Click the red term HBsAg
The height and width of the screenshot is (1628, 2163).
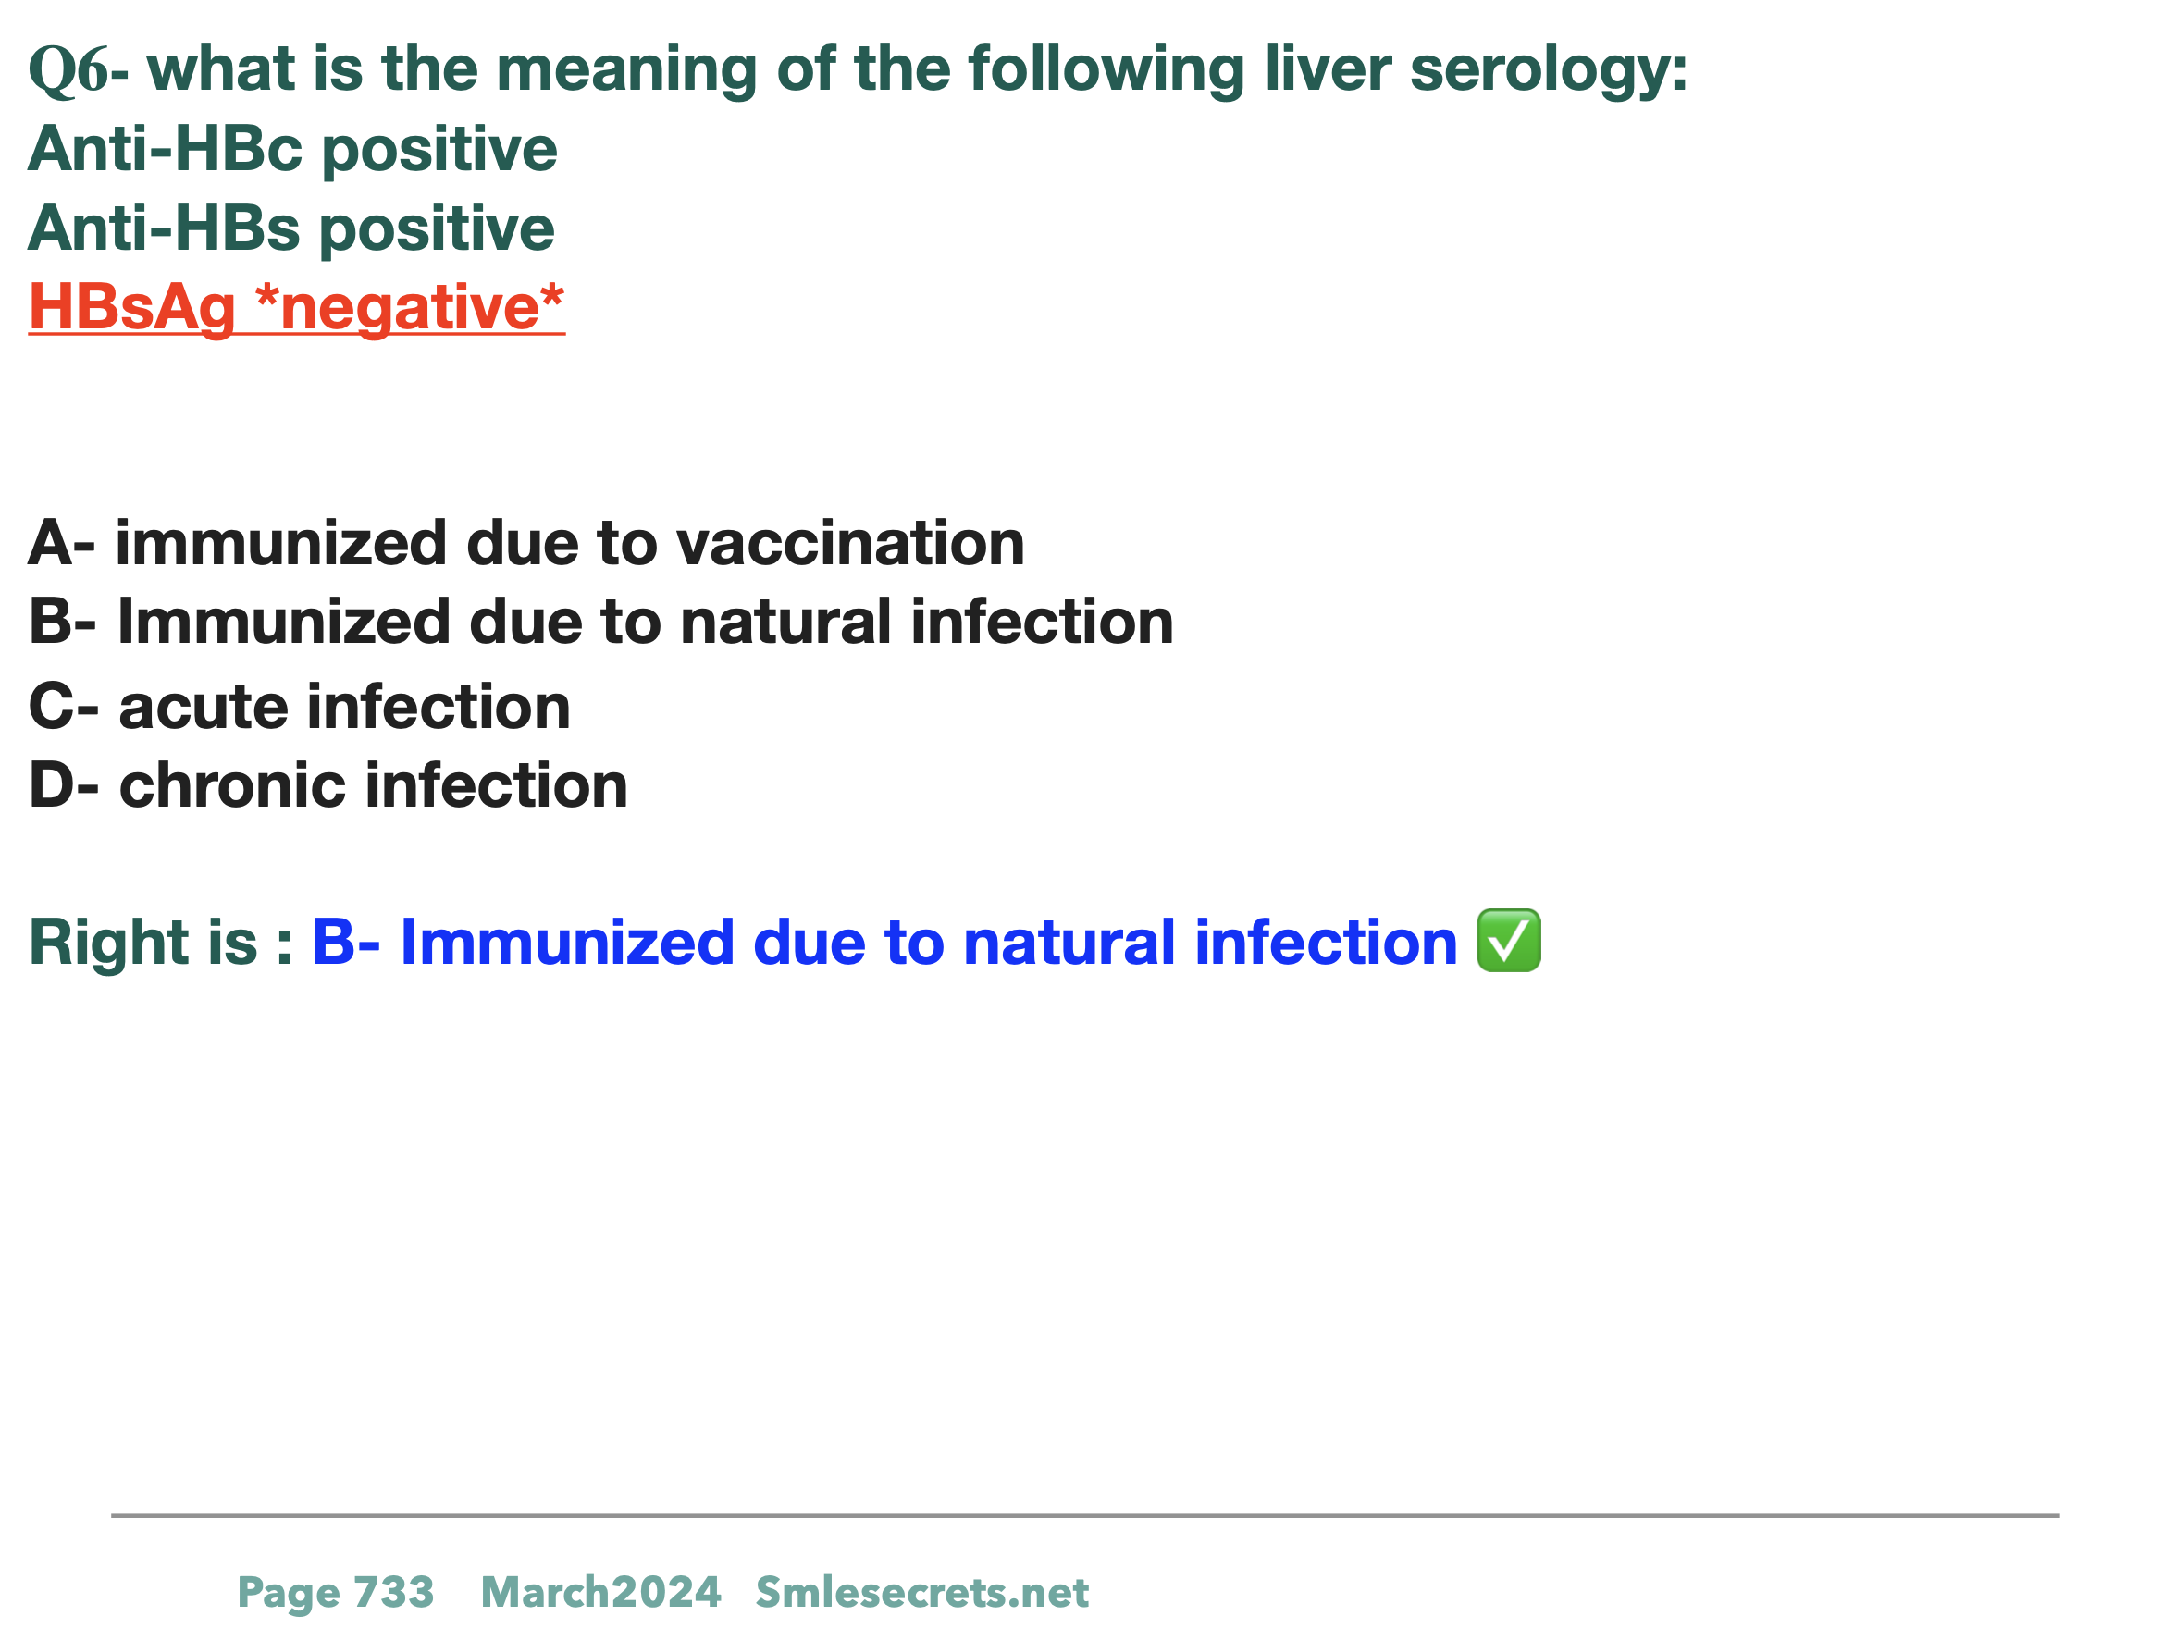(x=132, y=309)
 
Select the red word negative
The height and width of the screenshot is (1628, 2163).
(x=410, y=307)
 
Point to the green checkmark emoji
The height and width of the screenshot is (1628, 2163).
(x=1509, y=941)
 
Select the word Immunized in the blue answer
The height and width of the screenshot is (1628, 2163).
(x=567, y=943)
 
